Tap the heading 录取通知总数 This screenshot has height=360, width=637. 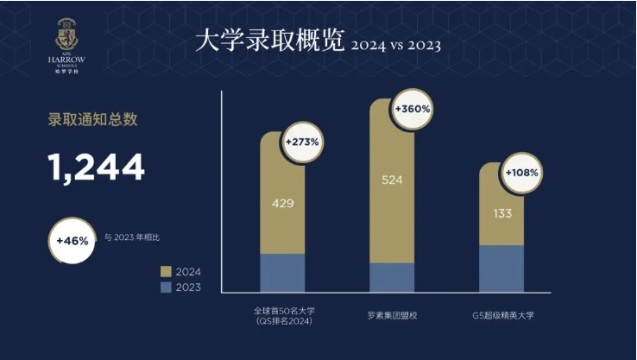coord(92,120)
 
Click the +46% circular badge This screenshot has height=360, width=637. coord(73,241)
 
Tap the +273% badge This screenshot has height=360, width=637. coord(303,141)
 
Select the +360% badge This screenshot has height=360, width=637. coord(413,110)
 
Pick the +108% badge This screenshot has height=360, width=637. coord(522,172)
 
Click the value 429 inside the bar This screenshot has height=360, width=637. coord(283,204)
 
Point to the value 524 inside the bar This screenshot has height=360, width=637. coord(392,180)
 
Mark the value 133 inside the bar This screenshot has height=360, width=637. coord(501,213)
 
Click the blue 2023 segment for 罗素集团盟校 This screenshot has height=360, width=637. coord(392,277)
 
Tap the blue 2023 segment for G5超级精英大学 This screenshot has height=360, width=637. coord(501,268)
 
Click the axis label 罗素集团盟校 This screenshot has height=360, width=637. coord(392,315)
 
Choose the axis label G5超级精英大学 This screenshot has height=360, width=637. coord(501,315)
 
